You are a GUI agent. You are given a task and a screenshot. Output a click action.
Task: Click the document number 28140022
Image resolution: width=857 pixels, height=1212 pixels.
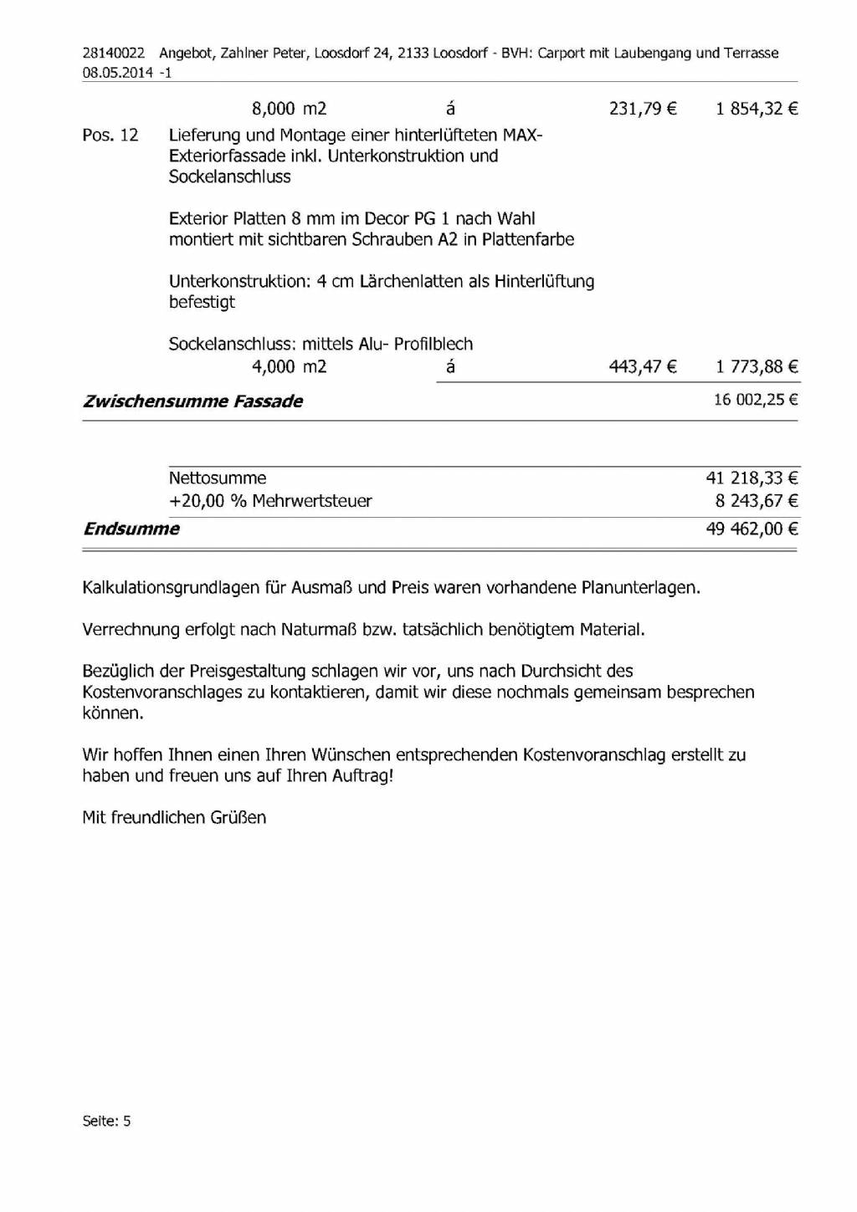(113, 53)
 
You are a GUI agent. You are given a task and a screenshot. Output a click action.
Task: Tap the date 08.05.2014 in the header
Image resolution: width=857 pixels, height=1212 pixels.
(117, 73)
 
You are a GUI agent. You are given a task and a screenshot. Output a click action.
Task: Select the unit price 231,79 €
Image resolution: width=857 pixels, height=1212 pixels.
(643, 108)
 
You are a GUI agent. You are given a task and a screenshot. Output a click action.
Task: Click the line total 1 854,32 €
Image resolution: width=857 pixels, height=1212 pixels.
(757, 108)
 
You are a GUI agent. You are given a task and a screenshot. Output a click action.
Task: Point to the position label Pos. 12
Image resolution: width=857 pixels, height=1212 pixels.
(110, 135)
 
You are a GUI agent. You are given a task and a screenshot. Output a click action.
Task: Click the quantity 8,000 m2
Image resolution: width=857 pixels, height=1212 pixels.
(289, 108)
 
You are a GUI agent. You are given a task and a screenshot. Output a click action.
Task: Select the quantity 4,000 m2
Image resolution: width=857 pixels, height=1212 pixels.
(289, 366)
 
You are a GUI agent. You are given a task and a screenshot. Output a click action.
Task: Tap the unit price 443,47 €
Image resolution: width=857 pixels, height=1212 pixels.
(643, 366)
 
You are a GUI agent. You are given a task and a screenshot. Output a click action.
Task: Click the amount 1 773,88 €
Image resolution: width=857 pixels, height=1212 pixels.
(757, 366)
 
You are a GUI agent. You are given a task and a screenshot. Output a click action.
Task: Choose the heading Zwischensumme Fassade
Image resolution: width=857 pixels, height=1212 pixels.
(192, 401)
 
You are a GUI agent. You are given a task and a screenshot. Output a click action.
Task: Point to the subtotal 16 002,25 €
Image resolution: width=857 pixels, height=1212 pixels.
(756, 400)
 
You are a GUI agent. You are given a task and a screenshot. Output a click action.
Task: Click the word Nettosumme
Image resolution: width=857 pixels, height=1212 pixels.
(218, 478)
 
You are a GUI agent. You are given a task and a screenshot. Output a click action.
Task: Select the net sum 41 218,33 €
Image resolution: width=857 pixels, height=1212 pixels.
(752, 478)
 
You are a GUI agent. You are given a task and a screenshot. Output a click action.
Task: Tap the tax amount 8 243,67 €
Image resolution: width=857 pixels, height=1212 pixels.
(757, 501)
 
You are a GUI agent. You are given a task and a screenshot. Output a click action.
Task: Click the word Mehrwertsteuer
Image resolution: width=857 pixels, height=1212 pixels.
(312, 501)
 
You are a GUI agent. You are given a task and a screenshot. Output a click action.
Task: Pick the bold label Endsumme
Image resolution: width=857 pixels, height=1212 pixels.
(131, 529)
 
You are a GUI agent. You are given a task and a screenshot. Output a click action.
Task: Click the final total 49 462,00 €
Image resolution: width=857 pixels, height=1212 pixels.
(752, 529)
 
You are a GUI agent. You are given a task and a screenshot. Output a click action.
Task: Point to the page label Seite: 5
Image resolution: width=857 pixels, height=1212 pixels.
(106, 1121)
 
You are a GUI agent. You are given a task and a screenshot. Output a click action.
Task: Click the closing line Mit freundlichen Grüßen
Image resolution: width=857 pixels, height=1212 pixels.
(174, 817)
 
